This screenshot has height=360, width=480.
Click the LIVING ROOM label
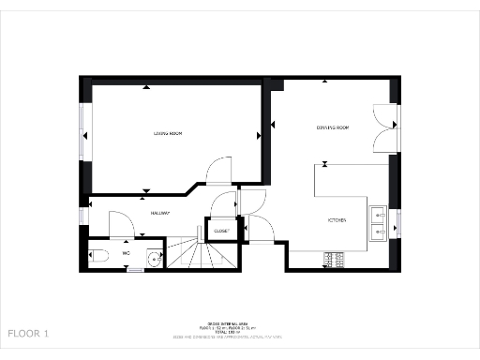click(x=168, y=134)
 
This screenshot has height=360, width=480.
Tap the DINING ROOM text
click(x=332, y=127)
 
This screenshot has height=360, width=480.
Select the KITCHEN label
click(x=337, y=220)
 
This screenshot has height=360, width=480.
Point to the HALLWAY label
click(x=160, y=213)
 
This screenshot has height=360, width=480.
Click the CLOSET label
click(x=221, y=230)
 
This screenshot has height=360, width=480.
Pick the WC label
click(x=125, y=252)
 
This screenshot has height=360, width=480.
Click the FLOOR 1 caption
click(x=28, y=333)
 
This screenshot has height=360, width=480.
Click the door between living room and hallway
click(x=217, y=170)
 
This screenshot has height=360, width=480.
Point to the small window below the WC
click(x=136, y=269)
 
